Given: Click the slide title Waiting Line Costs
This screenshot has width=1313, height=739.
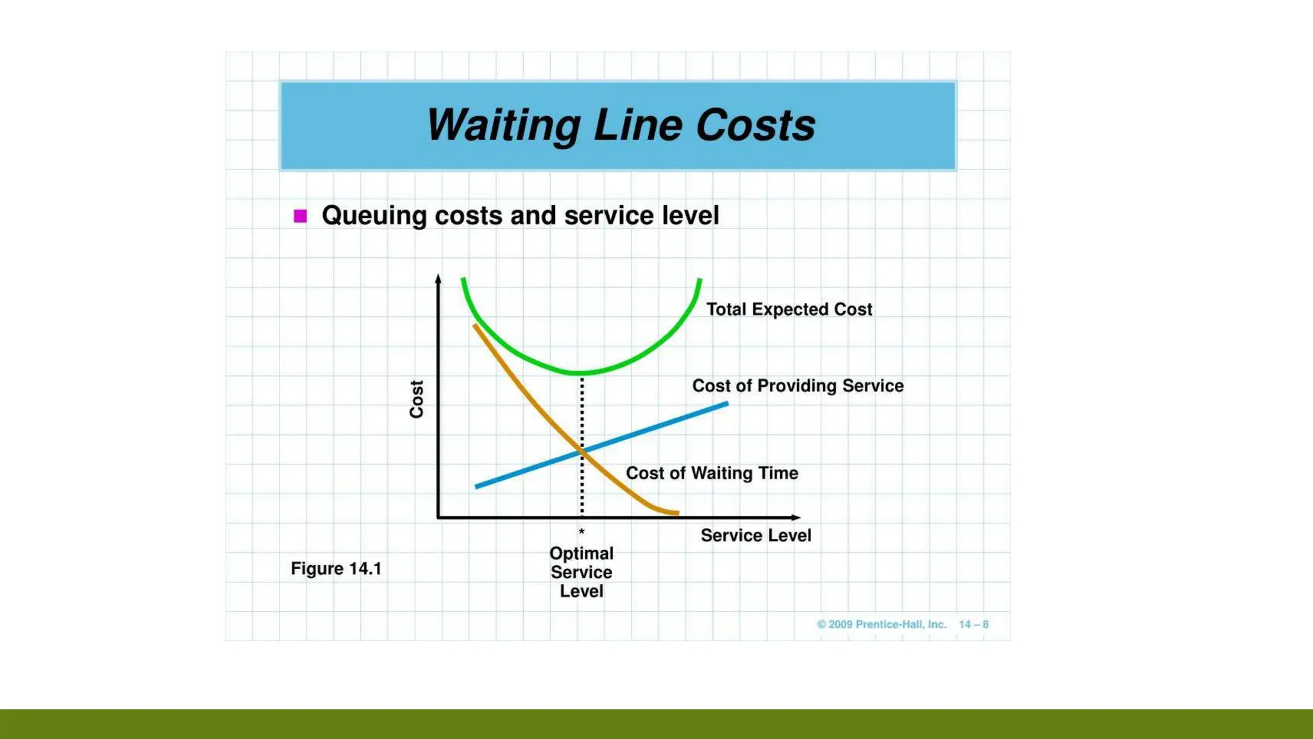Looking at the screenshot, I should point(620,124).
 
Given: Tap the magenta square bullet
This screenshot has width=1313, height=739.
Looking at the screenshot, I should point(300,216).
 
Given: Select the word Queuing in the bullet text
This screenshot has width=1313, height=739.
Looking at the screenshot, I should point(374,216).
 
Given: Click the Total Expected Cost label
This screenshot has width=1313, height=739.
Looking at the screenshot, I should point(789,309).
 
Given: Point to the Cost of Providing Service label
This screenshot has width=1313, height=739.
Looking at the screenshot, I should point(798,386).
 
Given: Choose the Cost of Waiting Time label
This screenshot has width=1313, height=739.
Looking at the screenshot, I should point(712,473).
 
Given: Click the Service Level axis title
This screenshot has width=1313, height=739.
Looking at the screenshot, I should point(755,535).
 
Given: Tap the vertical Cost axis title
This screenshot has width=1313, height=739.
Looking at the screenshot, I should point(417,399).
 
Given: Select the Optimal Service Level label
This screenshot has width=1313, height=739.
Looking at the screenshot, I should point(581,572).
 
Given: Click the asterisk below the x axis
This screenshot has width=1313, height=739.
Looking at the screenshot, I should point(581,532).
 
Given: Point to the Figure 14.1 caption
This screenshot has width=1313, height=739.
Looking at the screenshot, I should point(336,568).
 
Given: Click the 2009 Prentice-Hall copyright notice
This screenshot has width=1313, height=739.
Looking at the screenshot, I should point(882,624).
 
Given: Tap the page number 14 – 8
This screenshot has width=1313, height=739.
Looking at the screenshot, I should point(973,624).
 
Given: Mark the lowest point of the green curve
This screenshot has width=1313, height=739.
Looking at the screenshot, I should point(581,373).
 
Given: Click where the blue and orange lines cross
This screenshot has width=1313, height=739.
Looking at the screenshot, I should point(583,451).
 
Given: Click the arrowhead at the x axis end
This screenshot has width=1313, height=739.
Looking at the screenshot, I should point(796,517).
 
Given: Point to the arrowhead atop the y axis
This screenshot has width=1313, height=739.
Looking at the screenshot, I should point(439,278).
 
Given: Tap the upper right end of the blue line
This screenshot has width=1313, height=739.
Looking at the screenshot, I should point(726,403).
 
